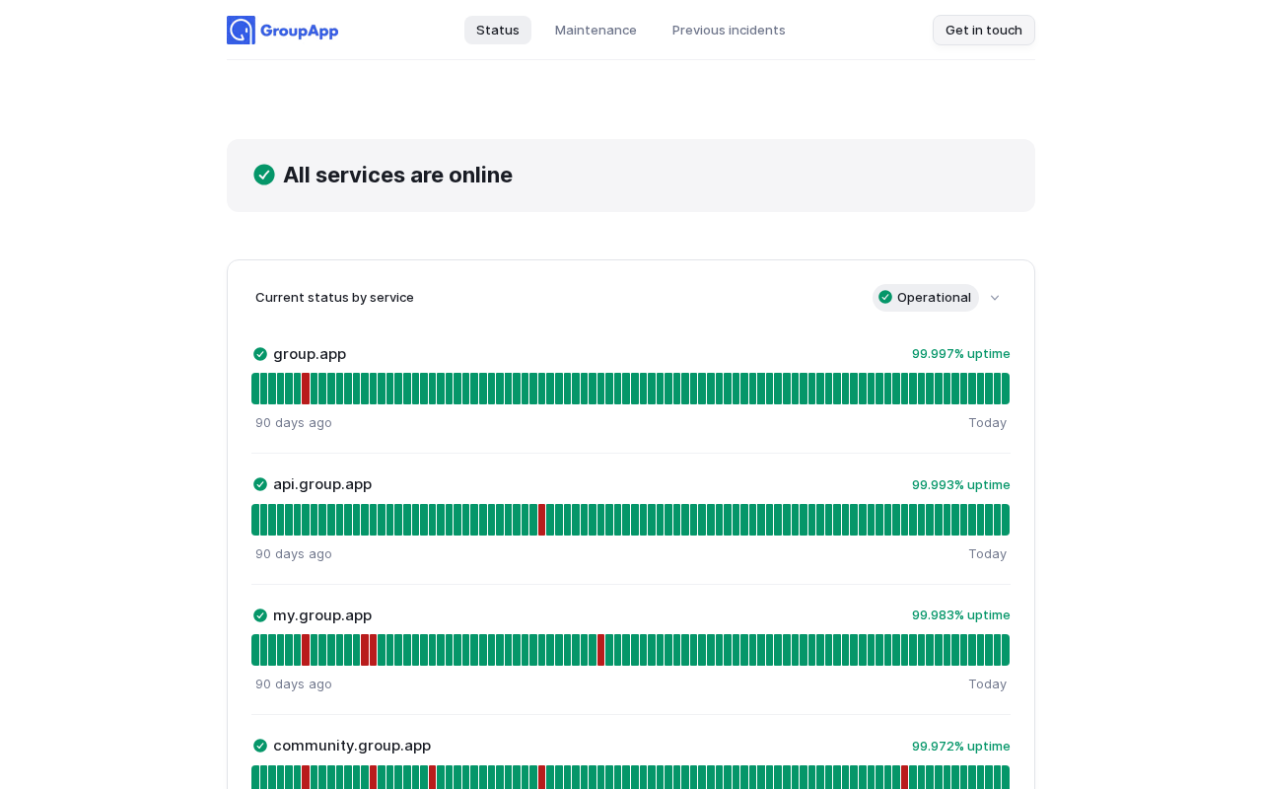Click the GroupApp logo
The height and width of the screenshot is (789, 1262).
pos(283,31)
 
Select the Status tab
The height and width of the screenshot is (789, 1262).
pos(498,31)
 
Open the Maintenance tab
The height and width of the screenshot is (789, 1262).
pos(596,31)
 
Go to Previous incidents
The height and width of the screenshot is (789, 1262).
pos(729,31)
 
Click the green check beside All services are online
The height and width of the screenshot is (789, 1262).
pos(264,175)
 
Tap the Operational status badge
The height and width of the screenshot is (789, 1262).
pos(925,298)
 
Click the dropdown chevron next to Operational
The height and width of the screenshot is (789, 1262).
pos(995,298)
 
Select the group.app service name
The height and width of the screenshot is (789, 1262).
pos(310,354)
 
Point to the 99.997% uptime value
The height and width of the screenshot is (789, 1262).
pos(960,354)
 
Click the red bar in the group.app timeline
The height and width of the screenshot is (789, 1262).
pos(306,389)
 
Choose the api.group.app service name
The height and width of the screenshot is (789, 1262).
pos(322,484)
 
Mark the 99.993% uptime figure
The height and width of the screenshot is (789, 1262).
pos(960,485)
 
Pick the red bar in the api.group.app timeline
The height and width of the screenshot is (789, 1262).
pos(542,520)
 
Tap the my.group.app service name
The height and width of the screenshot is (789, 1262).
pos(322,615)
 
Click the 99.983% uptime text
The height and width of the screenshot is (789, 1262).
pos(960,615)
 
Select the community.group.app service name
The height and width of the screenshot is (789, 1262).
pos(352,746)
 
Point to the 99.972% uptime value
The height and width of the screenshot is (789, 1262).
pos(960,747)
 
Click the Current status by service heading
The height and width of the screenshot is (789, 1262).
pos(334,298)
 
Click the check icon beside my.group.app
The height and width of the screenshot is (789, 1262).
pos(260,615)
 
